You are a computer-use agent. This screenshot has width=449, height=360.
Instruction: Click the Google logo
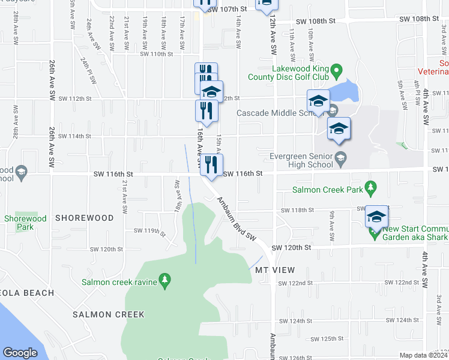tap(20, 353)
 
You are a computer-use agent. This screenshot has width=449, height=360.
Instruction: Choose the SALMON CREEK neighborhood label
tap(109, 314)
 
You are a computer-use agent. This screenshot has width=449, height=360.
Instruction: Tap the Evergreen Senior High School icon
tap(341, 159)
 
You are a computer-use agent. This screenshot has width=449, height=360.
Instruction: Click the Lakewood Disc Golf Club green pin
tap(336, 72)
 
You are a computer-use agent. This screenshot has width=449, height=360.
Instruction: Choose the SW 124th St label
tap(310, 320)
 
